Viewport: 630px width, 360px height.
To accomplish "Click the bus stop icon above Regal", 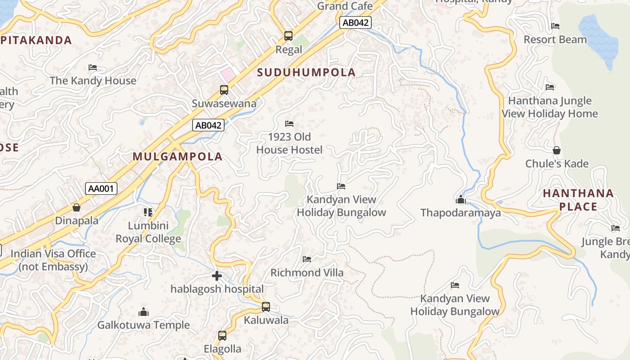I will [x=288, y=36].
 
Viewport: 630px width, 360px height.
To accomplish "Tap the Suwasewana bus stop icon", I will [x=224, y=90].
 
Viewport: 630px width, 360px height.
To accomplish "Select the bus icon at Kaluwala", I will [x=266, y=307].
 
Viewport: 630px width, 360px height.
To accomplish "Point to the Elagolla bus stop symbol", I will [x=222, y=336].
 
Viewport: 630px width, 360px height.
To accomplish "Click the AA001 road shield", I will [x=101, y=189].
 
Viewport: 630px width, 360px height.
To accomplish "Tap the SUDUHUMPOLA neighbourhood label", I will [x=306, y=72].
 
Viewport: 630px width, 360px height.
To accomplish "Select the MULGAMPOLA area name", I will [x=177, y=157].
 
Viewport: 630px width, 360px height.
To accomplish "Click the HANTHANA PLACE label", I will [x=578, y=200].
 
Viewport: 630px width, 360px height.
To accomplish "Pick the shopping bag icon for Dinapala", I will [x=76, y=207].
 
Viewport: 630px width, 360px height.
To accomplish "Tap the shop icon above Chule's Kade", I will [x=557, y=150].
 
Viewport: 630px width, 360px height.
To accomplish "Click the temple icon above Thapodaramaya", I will [x=460, y=199].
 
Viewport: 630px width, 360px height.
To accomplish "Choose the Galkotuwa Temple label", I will [x=144, y=325].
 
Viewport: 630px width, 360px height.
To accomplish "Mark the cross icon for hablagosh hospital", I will [x=217, y=276].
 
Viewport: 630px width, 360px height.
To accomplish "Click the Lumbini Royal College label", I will [x=148, y=232].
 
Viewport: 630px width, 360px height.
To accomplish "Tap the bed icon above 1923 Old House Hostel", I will [x=289, y=124].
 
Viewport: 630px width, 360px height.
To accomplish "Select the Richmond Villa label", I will [x=306, y=273].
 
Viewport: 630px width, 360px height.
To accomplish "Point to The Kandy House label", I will [x=93, y=81].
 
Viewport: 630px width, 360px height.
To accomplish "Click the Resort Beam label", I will [x=555, y=40].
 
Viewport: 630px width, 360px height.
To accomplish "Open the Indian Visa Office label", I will [x=53, y=260].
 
